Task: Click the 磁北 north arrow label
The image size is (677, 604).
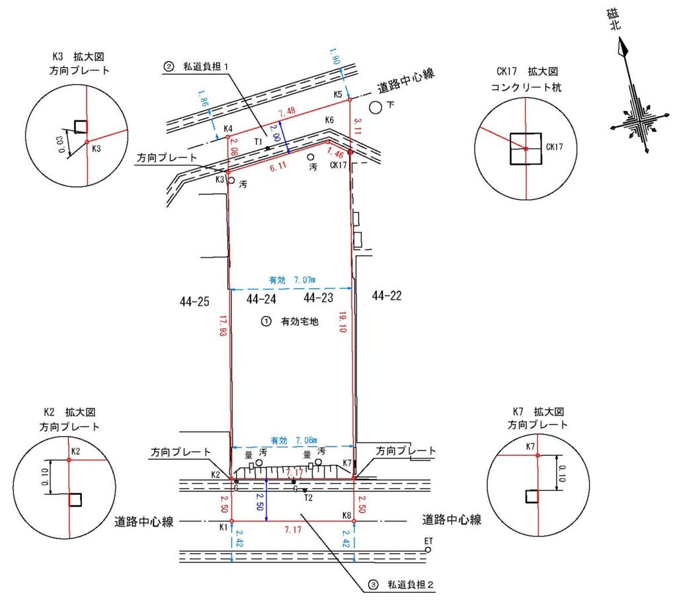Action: tap(616, 22)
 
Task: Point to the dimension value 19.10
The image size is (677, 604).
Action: tap(360, 326)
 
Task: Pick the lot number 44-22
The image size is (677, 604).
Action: tap(387, 295)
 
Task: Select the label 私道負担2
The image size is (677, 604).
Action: tap(409, 585)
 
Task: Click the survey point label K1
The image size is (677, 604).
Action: tap(223, 527)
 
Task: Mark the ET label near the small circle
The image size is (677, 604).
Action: tap(428, 541)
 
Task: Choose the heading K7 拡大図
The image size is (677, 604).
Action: tap(535, 411)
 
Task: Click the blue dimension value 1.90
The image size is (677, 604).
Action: tap(335, 61)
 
